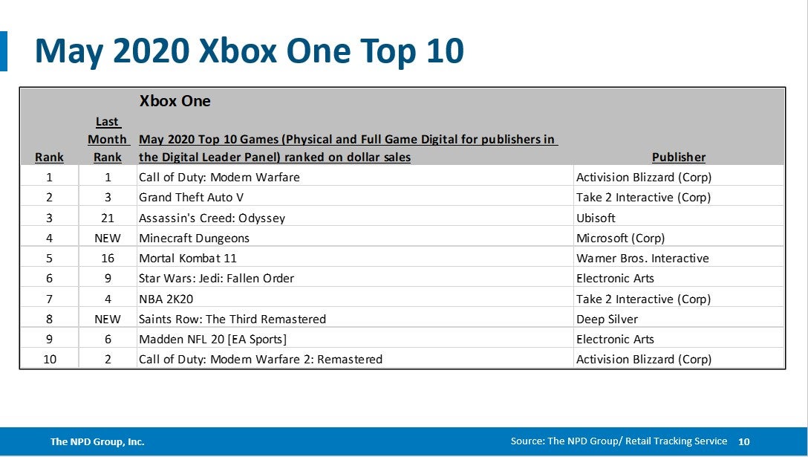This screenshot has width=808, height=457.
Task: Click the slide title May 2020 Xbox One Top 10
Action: point(249,51)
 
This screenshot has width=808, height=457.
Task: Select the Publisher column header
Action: point(678,157)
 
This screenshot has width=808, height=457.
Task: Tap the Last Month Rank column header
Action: point(108,140)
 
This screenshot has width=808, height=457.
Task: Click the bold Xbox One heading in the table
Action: point(175,101)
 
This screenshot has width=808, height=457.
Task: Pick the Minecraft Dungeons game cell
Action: point(194,239)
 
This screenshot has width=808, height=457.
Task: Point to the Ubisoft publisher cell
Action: point(596,218)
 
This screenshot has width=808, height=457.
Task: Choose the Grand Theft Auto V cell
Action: point(191,198)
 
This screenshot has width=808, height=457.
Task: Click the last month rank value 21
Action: point(108,218)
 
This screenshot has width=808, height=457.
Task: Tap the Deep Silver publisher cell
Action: point(607,320)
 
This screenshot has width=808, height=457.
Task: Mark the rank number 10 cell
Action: point(49,360)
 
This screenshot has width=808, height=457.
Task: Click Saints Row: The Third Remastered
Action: point(232,320)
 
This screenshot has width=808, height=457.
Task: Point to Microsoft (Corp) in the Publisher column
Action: point(620,239)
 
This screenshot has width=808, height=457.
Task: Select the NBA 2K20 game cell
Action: point(166,299)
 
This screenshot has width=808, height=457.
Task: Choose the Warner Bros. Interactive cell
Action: point(642,259)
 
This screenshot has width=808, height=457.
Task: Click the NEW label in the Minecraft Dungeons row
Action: point(108,239)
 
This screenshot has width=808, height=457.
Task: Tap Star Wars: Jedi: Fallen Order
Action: point(216,279)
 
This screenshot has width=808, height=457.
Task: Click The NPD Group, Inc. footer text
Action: point(97,441)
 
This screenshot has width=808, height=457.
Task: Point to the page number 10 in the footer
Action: point(743,441)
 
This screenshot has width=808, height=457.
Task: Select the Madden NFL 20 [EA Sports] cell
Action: point(212,340)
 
